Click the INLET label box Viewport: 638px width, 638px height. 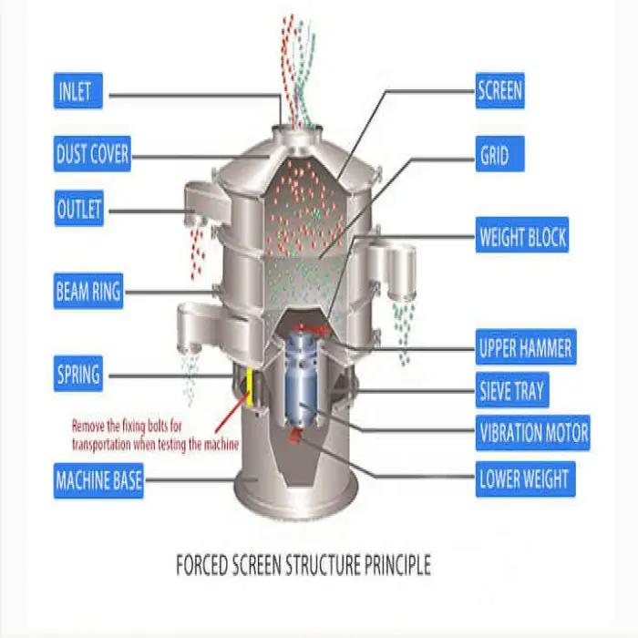[x=79, y=92]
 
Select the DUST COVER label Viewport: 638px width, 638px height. [x=92, y=153]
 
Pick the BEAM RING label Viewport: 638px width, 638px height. [x=87, y=293]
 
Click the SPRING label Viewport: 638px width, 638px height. [x=77, y=374]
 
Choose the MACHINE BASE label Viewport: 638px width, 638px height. [x=98, y=479]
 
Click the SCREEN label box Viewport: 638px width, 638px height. [x=500, y=90]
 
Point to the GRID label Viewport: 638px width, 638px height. [x=494, y=155]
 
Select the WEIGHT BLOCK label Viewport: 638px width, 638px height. [x=523, y=239]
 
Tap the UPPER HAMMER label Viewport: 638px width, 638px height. [x=526, y=347]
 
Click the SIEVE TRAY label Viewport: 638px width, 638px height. [x=512, y=392]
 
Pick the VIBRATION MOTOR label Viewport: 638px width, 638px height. [x=533, y=432]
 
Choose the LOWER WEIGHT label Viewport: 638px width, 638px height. [x=524, y=478]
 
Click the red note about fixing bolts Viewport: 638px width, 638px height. [x=155, y=435]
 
